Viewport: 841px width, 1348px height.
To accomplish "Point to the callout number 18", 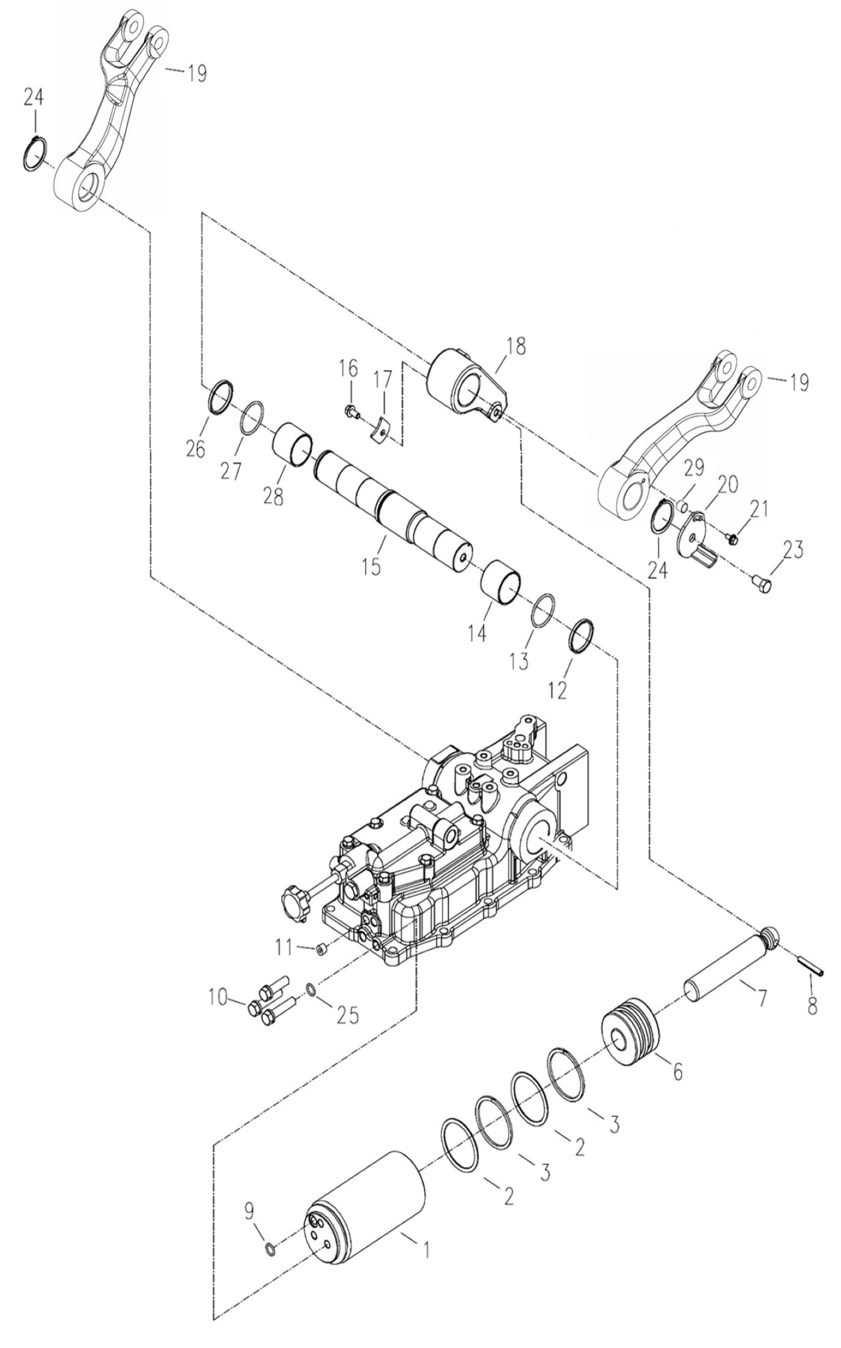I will coord(515,346).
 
